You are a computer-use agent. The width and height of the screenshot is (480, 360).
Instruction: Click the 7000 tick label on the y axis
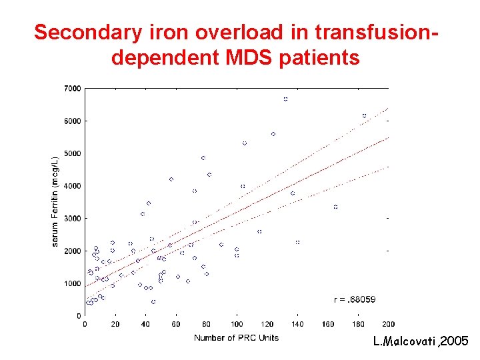(x=72, y=89)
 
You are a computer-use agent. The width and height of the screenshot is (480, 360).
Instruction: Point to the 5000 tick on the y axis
(x=72, y=153)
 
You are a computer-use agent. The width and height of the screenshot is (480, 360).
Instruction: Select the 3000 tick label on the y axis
(x=72, y=219)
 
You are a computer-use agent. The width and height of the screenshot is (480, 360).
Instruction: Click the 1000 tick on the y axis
(x=72, y=283)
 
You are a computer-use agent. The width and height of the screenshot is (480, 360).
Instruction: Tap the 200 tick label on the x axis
(x=388, y=325)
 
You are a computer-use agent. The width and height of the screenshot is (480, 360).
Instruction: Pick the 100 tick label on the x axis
(x=237, y=325)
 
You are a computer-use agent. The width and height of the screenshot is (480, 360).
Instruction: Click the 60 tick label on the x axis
(x=176, y=325)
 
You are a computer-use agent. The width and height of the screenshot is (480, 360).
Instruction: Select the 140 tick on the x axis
(x=297, y=325)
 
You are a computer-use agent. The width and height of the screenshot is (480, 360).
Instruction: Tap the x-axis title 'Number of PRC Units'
(x=236, y=338)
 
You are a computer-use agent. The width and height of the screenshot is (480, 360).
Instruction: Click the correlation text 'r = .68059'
(x=355, y=300)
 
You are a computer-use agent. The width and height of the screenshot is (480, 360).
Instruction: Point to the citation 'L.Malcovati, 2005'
(x=421, y=342)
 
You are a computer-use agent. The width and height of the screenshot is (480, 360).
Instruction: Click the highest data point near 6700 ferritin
(x=285, y=99)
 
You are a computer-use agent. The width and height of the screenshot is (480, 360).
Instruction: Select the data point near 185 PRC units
(x=364, y=115)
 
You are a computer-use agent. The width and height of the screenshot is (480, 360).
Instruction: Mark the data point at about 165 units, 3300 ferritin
(x=335, y=207)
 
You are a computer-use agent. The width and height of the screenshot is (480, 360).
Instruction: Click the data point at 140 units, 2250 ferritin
(x=297, y=242)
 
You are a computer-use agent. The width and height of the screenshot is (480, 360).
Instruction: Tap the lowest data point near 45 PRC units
(x=153, y=302)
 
